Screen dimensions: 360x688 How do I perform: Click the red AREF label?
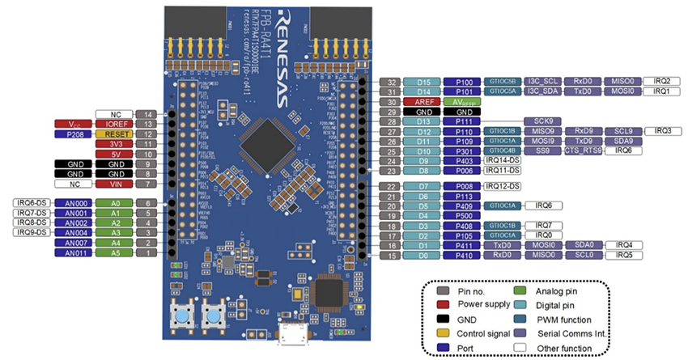(x=423, y=102)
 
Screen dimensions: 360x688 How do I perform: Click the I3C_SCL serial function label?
(x=539, y=82)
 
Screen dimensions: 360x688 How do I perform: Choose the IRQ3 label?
(x=663, y=131)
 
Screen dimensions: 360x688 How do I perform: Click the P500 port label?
(x=462, y=216)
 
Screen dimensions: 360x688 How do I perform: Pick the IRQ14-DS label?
(x=503, y=160)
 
